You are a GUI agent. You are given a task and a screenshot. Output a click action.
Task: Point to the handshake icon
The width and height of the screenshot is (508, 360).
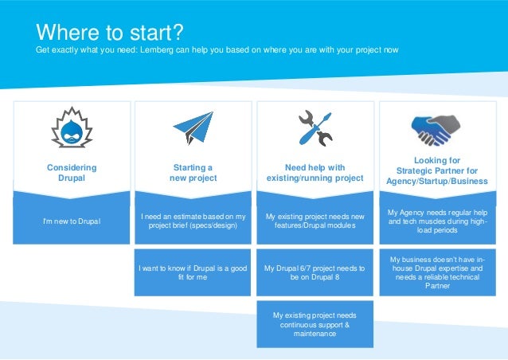point(435,126)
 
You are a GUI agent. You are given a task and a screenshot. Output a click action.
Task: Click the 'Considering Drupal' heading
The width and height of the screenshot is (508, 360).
point(72,173)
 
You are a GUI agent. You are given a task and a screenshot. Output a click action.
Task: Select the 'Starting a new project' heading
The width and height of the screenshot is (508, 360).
point(193,173)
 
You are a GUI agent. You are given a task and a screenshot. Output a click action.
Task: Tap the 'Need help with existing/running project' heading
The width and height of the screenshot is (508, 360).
point(315,173)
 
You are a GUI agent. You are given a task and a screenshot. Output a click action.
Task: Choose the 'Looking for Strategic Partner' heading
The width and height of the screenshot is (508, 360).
point(437,170)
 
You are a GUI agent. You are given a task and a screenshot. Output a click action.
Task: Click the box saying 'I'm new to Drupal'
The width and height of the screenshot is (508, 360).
point(72,221)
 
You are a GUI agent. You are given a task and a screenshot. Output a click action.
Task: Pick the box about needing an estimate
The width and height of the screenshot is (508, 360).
point(193,221)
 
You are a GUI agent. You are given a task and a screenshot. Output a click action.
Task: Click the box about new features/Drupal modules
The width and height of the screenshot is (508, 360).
point(315,221)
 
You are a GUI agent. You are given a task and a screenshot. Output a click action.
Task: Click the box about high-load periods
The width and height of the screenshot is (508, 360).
point(437,221)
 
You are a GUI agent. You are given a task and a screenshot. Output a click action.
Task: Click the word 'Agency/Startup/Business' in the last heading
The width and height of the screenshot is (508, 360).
point(437,181)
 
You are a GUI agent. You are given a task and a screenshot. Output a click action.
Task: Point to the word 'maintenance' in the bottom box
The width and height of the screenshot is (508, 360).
point(315,334)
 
